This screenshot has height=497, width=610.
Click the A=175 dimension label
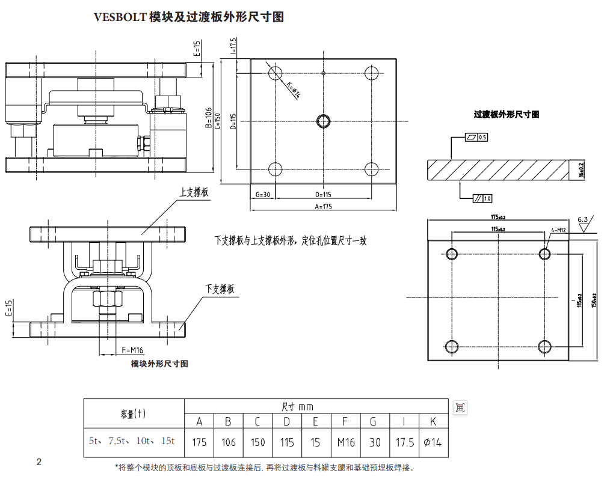point(323,206)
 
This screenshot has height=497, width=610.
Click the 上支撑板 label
point(194,193)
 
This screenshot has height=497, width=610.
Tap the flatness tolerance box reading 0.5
point(476,138)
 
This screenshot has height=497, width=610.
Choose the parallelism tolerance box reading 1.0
point(482,198)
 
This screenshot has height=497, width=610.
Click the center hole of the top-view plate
point(323,121)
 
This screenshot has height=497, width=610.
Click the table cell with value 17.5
point(404,442)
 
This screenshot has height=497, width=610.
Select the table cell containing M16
point(346,442)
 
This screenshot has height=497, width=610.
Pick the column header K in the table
point(433,421)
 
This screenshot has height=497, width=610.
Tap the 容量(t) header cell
point(134,413)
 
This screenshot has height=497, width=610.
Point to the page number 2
point(39,462)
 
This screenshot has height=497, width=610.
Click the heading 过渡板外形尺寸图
point(507,114)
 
